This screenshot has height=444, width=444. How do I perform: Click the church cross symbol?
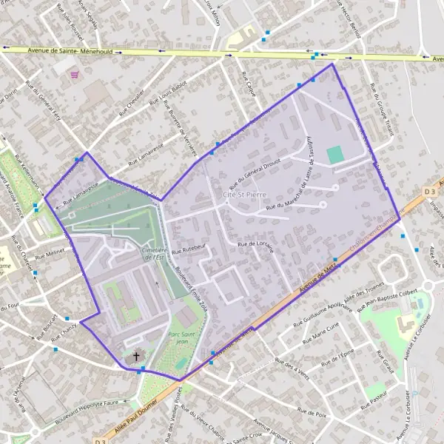(135, 357)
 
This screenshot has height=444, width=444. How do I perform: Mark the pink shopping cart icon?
(73, 75)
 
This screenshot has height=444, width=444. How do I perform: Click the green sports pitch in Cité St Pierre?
(335, 155)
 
